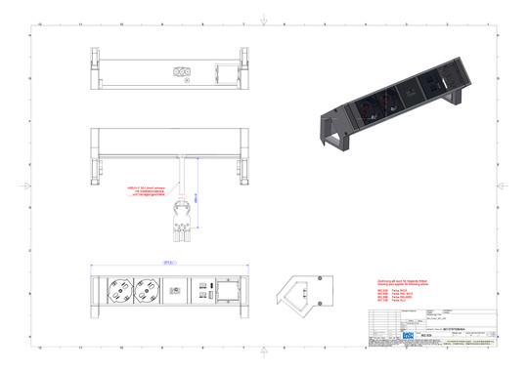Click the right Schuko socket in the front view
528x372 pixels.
148,290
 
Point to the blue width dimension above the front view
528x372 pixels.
169,264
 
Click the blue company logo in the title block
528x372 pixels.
409,335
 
